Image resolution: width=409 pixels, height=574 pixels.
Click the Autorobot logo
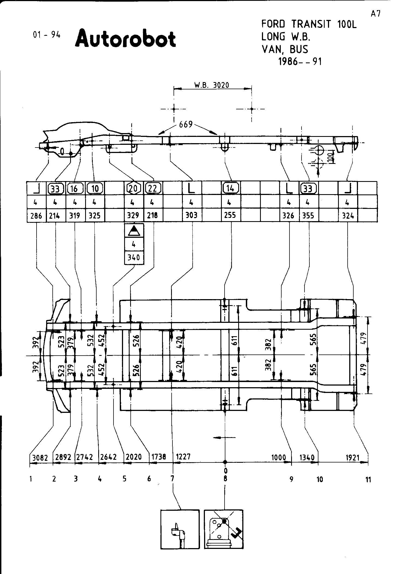pos(125,38)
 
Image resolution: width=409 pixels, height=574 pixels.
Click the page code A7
pos(375,14)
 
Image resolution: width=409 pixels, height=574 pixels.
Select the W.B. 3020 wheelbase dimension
pos(212,85)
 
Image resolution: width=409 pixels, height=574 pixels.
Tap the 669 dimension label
pos(186,125)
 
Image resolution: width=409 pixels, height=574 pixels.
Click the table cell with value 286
pos(36,216)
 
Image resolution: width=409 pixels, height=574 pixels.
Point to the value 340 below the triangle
pos(134,257)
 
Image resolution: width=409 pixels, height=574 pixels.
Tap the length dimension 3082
pos(40,457)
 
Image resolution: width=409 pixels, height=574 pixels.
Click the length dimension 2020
pos(134,457)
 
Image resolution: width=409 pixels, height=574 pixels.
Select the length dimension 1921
pos(353,457)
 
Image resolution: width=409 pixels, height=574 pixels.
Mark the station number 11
pos(368,480)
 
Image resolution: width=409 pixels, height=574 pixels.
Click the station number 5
pos(124,479)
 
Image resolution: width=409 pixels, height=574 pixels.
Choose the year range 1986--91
pos(300,62)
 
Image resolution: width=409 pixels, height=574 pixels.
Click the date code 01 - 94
pos(46,35)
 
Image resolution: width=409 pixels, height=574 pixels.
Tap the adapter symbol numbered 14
pos(231,188)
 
